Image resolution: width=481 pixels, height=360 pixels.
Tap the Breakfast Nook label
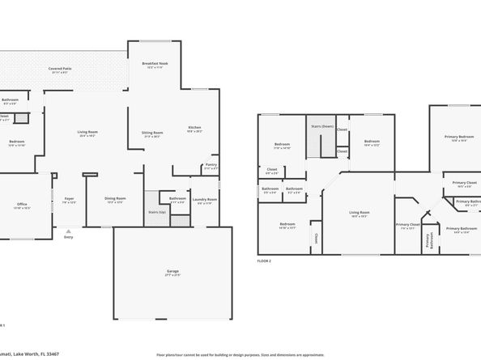pos(155,63)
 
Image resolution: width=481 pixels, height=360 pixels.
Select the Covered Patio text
pos(60,69)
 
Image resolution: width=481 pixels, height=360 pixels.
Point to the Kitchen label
pos(194,128)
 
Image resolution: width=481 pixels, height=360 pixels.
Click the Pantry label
pos(211,165)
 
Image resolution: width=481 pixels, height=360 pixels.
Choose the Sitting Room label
pos(153,133)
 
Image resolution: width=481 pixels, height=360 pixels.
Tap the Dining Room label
pos(115,198)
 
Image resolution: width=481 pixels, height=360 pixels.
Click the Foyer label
pos(70,198)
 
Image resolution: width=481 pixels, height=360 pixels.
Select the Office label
pos(23,204)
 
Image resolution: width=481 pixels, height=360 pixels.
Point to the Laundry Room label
pos(205,199)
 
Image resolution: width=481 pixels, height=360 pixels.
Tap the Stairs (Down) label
pos(322,126)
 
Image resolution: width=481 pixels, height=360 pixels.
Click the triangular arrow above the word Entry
pos(68,230)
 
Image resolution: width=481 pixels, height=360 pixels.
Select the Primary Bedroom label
pos(459,137)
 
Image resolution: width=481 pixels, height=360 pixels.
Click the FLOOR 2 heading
pos(264,261)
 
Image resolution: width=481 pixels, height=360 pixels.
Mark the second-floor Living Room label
pos(358,213)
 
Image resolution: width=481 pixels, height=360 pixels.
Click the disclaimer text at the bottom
pos(240,354)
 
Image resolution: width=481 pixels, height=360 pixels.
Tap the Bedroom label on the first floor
pos(17,142)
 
